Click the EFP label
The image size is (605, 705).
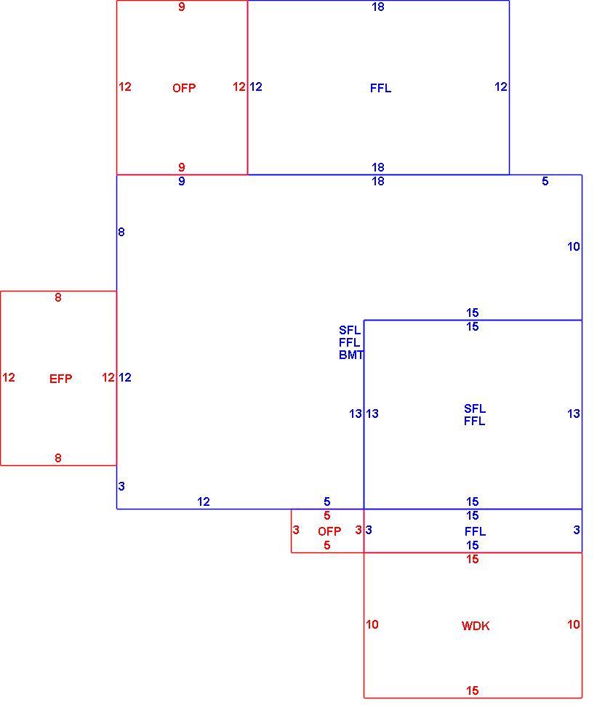[60, 379]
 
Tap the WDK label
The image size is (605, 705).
[475, 626]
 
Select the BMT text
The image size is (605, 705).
[350, 355]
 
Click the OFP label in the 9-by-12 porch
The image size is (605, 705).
[183, 88]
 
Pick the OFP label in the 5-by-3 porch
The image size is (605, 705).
[329, 531]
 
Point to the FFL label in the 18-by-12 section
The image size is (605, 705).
[380, 88]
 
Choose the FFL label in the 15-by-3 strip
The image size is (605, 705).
[475, 531]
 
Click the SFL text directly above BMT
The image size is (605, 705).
[350, 330]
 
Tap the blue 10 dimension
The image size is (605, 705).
[574, 246]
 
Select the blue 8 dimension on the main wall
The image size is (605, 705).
[121, 232]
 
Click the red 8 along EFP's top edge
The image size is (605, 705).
[58, 297]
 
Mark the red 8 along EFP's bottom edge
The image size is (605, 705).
[58, 458]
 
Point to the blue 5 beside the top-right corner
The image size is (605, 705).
[545, 181]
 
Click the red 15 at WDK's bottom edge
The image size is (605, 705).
[473, 690]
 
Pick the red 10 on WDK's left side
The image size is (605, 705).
[372, 624]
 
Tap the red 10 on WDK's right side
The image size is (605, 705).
[574, 624]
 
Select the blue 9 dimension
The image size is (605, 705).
[182, 181]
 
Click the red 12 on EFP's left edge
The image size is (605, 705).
[9, 377]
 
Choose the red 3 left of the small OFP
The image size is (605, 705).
[296, 530]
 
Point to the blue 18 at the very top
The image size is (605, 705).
[378, 7]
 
